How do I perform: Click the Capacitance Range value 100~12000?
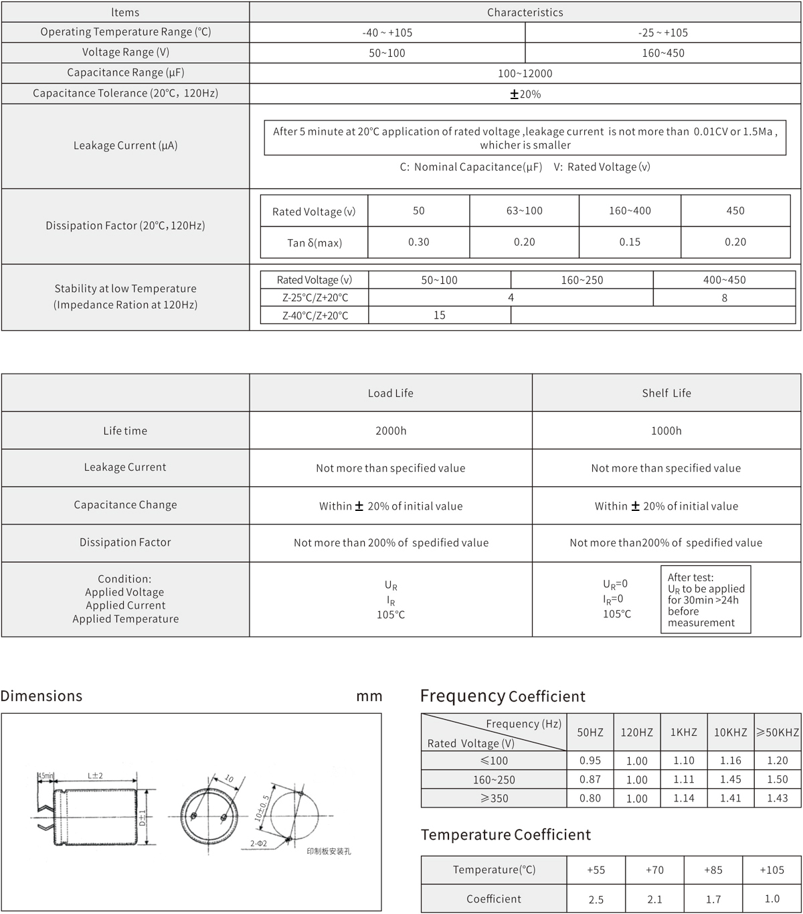coord(525,73)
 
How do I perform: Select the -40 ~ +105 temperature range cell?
coord(387,33)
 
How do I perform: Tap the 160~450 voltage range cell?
coord(662,53)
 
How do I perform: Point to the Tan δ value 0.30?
coord(419,242)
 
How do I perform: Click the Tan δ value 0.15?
coord(630,242)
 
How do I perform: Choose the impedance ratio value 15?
coord(439,315)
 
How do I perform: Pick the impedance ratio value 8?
coord(724,298)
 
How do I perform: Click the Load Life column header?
coord(391,393)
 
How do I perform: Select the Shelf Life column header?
coord(666,393)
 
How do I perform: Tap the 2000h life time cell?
coord(391,431)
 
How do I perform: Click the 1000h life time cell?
coord(666,431)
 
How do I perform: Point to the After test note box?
coord(705,600)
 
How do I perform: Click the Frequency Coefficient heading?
coord(503,696)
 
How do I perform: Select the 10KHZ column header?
coord(730,733)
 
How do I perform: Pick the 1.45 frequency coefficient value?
coord(730,779)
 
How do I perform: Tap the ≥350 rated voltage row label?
coord(494,798)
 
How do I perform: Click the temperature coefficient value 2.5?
coord(596,899)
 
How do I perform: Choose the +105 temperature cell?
coord(772,870)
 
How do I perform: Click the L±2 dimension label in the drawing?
coord(95,775)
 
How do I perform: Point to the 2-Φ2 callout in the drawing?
coord(258,844)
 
